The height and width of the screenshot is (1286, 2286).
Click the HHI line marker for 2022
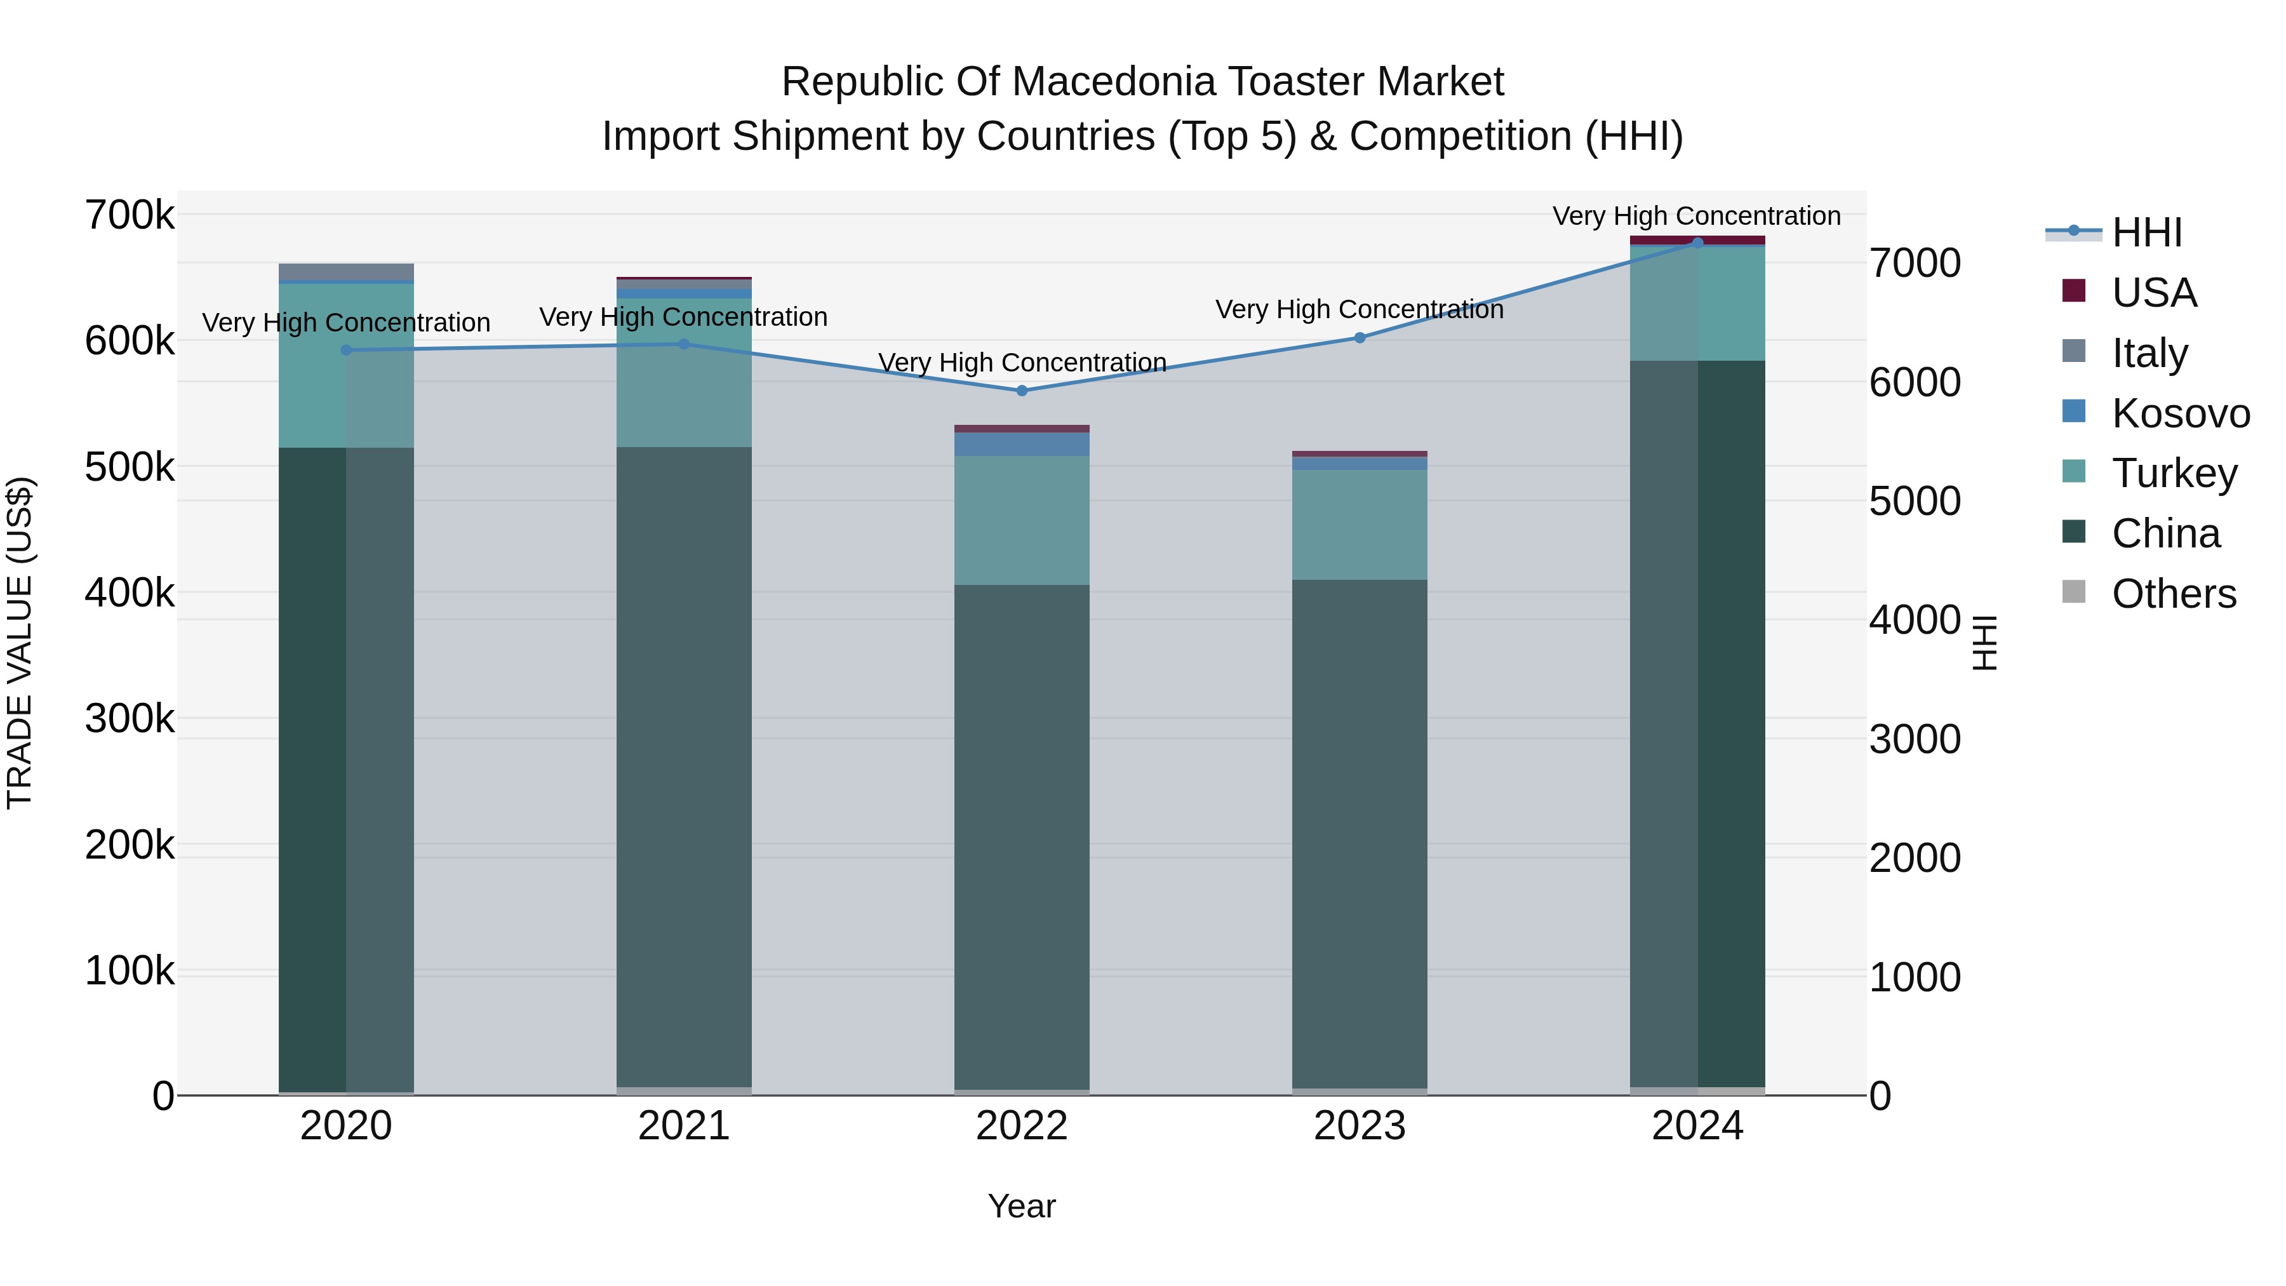[1022, 391]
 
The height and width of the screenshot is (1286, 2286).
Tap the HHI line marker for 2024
[1697, 243]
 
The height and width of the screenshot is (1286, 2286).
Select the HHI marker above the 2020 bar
[346, 350]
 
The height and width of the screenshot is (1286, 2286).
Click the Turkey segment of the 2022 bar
[1022, 520]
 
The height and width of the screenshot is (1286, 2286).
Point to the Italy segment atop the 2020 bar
[346, 272]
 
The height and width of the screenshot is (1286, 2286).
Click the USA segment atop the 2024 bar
[1697, 239]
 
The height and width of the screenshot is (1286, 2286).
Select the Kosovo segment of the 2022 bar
[1022, 444]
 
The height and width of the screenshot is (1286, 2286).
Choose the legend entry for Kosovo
[2181, 413]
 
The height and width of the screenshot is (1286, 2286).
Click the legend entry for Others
[2174, 594]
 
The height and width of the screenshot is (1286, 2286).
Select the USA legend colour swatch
[2074, 291]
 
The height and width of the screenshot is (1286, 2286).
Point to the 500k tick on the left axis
[130, 467]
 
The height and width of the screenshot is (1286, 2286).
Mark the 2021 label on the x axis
[683, 1126]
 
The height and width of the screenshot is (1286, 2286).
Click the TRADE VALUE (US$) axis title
[20, 643]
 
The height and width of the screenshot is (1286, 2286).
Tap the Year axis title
[1022, 1206]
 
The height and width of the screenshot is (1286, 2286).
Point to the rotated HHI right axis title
[1984, 643]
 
